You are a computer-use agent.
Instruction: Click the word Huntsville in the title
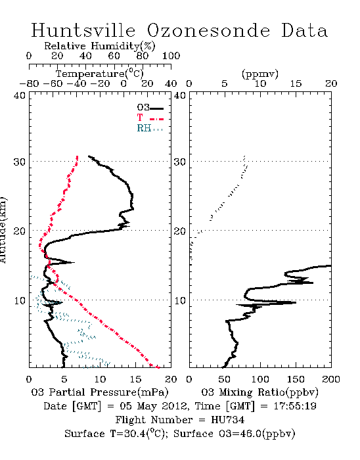click(x=83, y=30)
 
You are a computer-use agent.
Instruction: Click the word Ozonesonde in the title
click(x=208, y=30)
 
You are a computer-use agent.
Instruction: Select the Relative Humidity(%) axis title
click(x=100, y=46)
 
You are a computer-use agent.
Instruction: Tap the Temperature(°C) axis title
click(x=100, y=74)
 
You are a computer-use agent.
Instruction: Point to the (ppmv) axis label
click(x=260, y=74)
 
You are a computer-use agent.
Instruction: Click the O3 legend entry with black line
click(x=150, y=108)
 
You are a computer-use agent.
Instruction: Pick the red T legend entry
click(x=150, y=118)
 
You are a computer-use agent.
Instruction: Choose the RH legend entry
click(x=150, y=128)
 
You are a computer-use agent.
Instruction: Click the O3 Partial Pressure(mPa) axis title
click(x=100, y=392)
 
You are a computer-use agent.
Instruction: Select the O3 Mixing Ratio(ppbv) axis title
click(x=259, y=392)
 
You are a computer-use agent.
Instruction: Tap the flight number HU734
click(x=227, y=420)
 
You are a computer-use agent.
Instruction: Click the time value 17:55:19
click(x=295, y=406)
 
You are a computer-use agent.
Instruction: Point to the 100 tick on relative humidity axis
click(x=171, y=56)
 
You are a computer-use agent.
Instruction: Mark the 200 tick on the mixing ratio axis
click(x=331, y=379)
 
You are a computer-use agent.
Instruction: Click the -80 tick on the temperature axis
click(x=29, y=84)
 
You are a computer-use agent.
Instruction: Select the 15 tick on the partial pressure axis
click(x=135, y=379)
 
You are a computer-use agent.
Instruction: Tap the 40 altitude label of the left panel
click(x=20, y=95)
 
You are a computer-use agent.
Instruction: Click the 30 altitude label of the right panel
click(x=180, y=162)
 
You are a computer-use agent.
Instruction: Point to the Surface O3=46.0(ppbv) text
click(x=235, y=434)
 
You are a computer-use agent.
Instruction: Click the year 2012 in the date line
click(x=175, y=406)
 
